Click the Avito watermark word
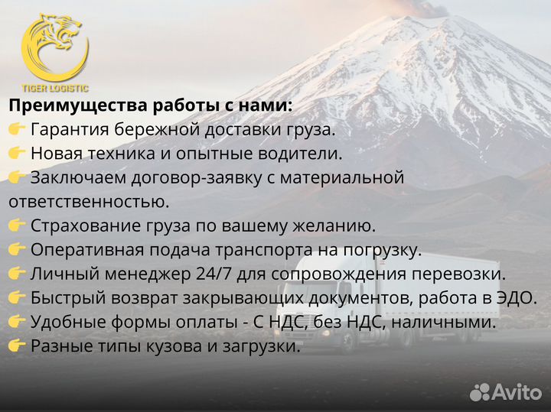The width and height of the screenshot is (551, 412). [517, 392]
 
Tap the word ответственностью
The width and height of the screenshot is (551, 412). [88, 202]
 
